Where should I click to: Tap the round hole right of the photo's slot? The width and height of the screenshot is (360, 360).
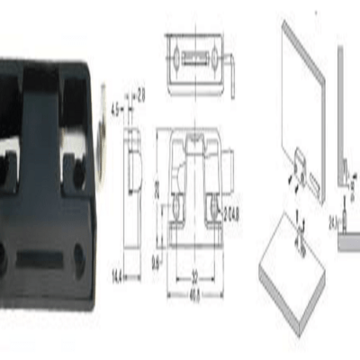pyautogui.click(x=80, y=259)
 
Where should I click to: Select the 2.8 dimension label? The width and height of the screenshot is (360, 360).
pyautogui.click(x=141, y=91)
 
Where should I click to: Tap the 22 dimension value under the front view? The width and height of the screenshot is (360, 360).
pyautogui.click(x=193, y=276)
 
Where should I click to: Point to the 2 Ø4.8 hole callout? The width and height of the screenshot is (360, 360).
pyautogui.click(x=230, y=212)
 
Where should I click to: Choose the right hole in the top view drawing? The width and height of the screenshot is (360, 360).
pyautogui.click(x=212, y=56)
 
